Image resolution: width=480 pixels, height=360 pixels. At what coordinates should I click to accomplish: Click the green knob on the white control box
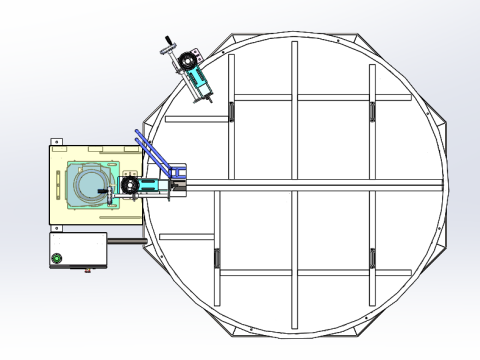(57, 259)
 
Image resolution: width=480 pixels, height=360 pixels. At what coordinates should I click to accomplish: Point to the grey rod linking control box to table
(125, 240)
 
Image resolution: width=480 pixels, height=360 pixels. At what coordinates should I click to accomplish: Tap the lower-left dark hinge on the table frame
(216, 257)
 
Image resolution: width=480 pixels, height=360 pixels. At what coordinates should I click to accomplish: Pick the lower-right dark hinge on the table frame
(372, 257)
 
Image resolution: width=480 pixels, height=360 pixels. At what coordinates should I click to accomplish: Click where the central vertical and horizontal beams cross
(294, 183)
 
